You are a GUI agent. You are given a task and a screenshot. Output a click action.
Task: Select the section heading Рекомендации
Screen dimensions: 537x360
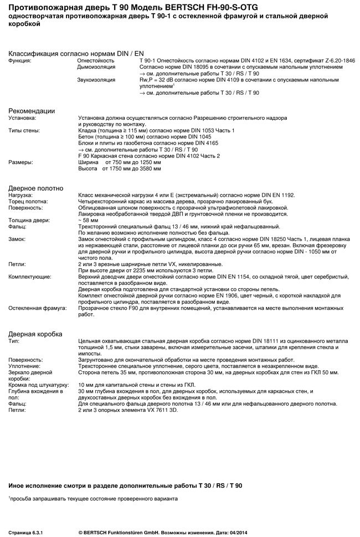pos(31,111)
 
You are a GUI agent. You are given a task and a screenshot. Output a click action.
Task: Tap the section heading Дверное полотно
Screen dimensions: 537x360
pos(36,188)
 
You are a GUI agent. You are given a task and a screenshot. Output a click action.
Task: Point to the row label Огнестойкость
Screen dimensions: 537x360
pos(96,60)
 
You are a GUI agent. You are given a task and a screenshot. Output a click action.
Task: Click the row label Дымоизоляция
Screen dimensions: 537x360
pos(96,67)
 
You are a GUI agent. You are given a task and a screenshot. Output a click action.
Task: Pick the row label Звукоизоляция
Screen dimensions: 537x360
pos(96,80)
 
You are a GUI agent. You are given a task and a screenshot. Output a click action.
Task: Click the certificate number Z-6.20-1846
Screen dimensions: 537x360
pos(340,60)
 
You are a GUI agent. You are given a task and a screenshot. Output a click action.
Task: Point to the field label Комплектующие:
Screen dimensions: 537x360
pos(30,275)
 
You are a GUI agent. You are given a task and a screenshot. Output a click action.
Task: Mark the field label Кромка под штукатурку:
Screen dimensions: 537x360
pos(38,383)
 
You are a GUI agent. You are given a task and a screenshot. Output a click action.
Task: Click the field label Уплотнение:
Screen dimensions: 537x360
pos(24,366)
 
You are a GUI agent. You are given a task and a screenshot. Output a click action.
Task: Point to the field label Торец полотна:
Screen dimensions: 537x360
pos(28,202)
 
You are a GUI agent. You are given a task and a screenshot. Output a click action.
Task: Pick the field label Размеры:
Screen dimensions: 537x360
pos(21,162)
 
